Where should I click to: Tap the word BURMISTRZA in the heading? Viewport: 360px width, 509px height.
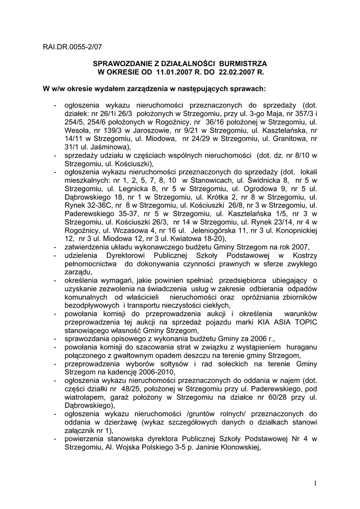[x=243, y=64]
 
